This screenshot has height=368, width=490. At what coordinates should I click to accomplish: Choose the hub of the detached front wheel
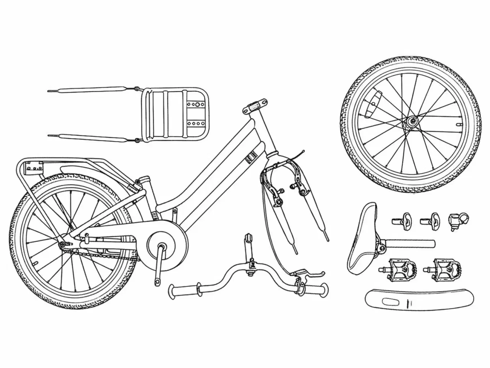412,122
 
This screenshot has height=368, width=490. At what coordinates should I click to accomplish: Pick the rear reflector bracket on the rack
33,167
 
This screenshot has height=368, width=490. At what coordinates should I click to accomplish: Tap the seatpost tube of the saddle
412,243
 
